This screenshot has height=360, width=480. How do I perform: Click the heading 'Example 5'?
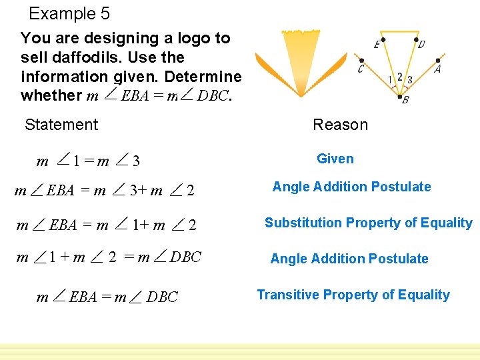(x=69, y=13)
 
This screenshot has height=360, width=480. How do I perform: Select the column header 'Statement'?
(x=61, y=125)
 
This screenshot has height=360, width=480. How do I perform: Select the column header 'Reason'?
(x=340, y=125)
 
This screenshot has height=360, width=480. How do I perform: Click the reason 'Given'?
(x=335, y=159)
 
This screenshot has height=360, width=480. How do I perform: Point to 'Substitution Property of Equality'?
(x=368, y=223)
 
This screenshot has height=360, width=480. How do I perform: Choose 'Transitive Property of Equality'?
(x=353, y=295)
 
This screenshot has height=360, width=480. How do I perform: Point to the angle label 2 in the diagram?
(x=399, y=76)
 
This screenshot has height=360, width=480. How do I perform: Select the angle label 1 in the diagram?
(x=390, y=80)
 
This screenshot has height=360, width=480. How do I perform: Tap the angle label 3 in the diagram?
(x=409, y=80)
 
